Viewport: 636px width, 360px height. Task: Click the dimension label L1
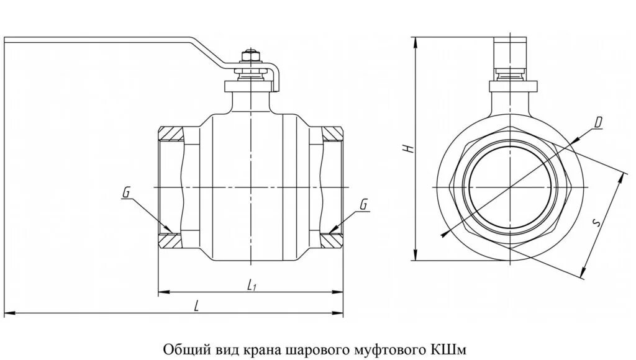(x=251, y=285)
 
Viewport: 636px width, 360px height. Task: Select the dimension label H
(x=407, y=149)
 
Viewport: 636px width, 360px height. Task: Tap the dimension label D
(x=597, y=123)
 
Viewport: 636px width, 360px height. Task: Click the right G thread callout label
(x=363, y=204)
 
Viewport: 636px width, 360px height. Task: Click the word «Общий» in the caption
(x=181, y=346)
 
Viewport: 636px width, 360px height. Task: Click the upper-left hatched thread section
(x=171, y=133)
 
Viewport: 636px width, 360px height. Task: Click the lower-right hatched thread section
(x=332, y=240)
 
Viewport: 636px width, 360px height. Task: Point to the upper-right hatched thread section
(x=332, y=133)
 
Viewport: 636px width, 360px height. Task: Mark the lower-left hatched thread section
(x=171, y=240)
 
